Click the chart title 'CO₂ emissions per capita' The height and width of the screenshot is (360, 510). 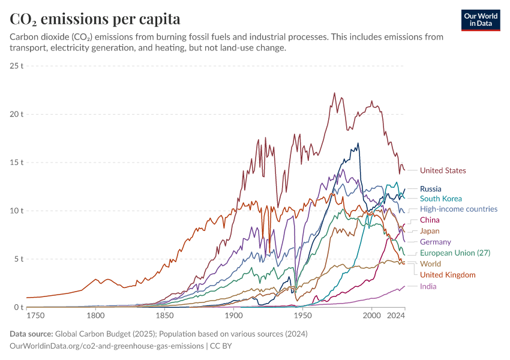[x=95, y=19]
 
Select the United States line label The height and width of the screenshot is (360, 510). [x=443, y=170]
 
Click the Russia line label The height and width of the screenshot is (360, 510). [x=431, y=188]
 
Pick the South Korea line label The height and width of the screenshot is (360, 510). [x=441, y=199]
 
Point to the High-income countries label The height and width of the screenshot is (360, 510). [x=458, y=209]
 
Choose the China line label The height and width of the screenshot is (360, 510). [x=430, y=220]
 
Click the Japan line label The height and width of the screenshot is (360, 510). [x=430, y=231]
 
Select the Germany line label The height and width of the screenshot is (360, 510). [x=436, y=242]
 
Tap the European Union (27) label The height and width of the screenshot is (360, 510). [x=455, y=253]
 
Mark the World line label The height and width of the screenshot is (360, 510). [x=430, y=264]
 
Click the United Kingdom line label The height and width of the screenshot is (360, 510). [x=448, y=275]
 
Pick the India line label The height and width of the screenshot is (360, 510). [x=428, y=286]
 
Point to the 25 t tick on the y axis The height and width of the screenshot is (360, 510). [x=17, y=65]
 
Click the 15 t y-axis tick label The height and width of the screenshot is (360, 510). [x=17, y=162]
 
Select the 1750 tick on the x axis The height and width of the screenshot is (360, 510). [x=35, y=315]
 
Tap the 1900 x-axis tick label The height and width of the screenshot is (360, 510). [x=234, y=315]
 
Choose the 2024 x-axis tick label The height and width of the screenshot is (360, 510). [x=395, y=315]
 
